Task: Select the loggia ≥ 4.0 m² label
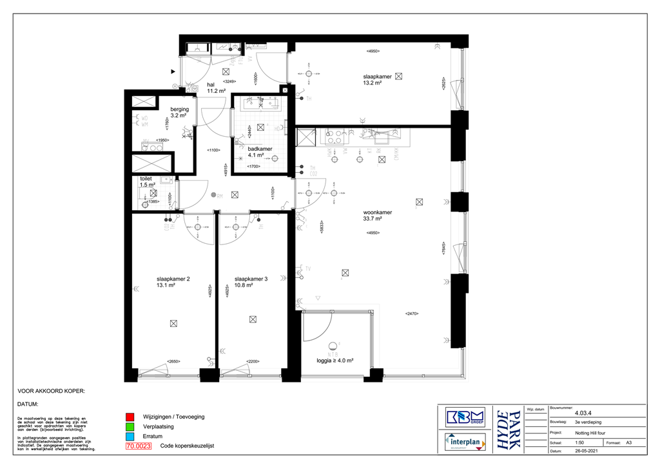334,361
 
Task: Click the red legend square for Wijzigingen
130,417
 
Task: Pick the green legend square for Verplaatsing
130,427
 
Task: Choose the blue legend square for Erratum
130,437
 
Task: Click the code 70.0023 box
139,446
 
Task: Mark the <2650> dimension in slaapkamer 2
173,361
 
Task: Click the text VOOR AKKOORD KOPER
51,391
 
